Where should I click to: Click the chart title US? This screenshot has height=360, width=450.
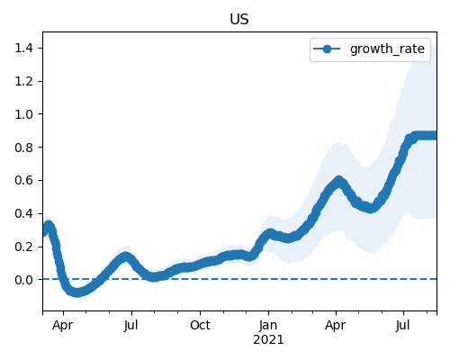(x=239, y=19)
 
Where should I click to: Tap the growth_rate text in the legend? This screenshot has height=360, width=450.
(x=387, y=49)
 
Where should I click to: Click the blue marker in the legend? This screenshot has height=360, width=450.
(x=327, y=49)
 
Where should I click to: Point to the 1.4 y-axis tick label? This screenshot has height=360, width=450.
(x=23, y=48)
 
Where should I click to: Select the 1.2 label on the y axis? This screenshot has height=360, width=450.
(x=23, y=81)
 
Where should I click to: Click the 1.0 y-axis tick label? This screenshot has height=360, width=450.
(x=23, y=114)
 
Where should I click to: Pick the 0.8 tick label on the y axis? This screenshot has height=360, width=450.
(x=23, y=148)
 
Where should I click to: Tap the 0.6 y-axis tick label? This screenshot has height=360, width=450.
(x=23, y=180)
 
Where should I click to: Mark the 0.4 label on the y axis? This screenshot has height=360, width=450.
(x=23, y=213)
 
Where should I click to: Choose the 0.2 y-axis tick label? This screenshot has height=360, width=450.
(x=23, y=247)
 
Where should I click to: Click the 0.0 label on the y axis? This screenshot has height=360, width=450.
(x=23, y=280)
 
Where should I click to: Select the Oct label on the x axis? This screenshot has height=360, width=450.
(x=200, y=325)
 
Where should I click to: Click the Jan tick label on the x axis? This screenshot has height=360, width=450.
(x=268, y=325)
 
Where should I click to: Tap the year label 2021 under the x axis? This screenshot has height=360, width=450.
(x=268, y=340)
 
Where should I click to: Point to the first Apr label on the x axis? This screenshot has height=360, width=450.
(x=62, y=326)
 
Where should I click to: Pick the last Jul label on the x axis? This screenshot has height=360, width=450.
(x=402, y=325)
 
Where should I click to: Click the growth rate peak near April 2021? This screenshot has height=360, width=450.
(x=338, y=181)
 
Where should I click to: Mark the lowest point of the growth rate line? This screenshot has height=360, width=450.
(x=77, y=292)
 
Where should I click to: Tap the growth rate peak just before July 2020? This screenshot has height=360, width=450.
(x=126, y=257)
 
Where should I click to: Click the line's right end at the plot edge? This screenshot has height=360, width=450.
(x=436, y=135)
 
